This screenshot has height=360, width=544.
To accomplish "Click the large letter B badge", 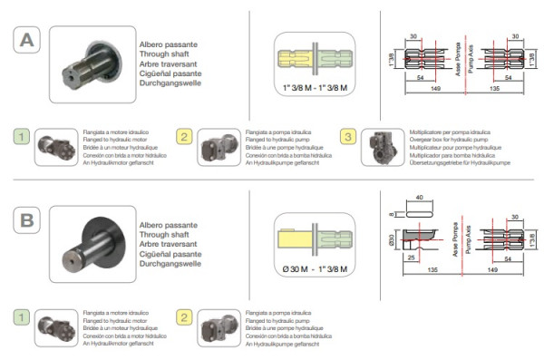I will point(27,219).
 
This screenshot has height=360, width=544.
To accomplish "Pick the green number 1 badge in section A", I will point(24,136).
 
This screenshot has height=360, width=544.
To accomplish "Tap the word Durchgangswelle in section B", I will point(169,263).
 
